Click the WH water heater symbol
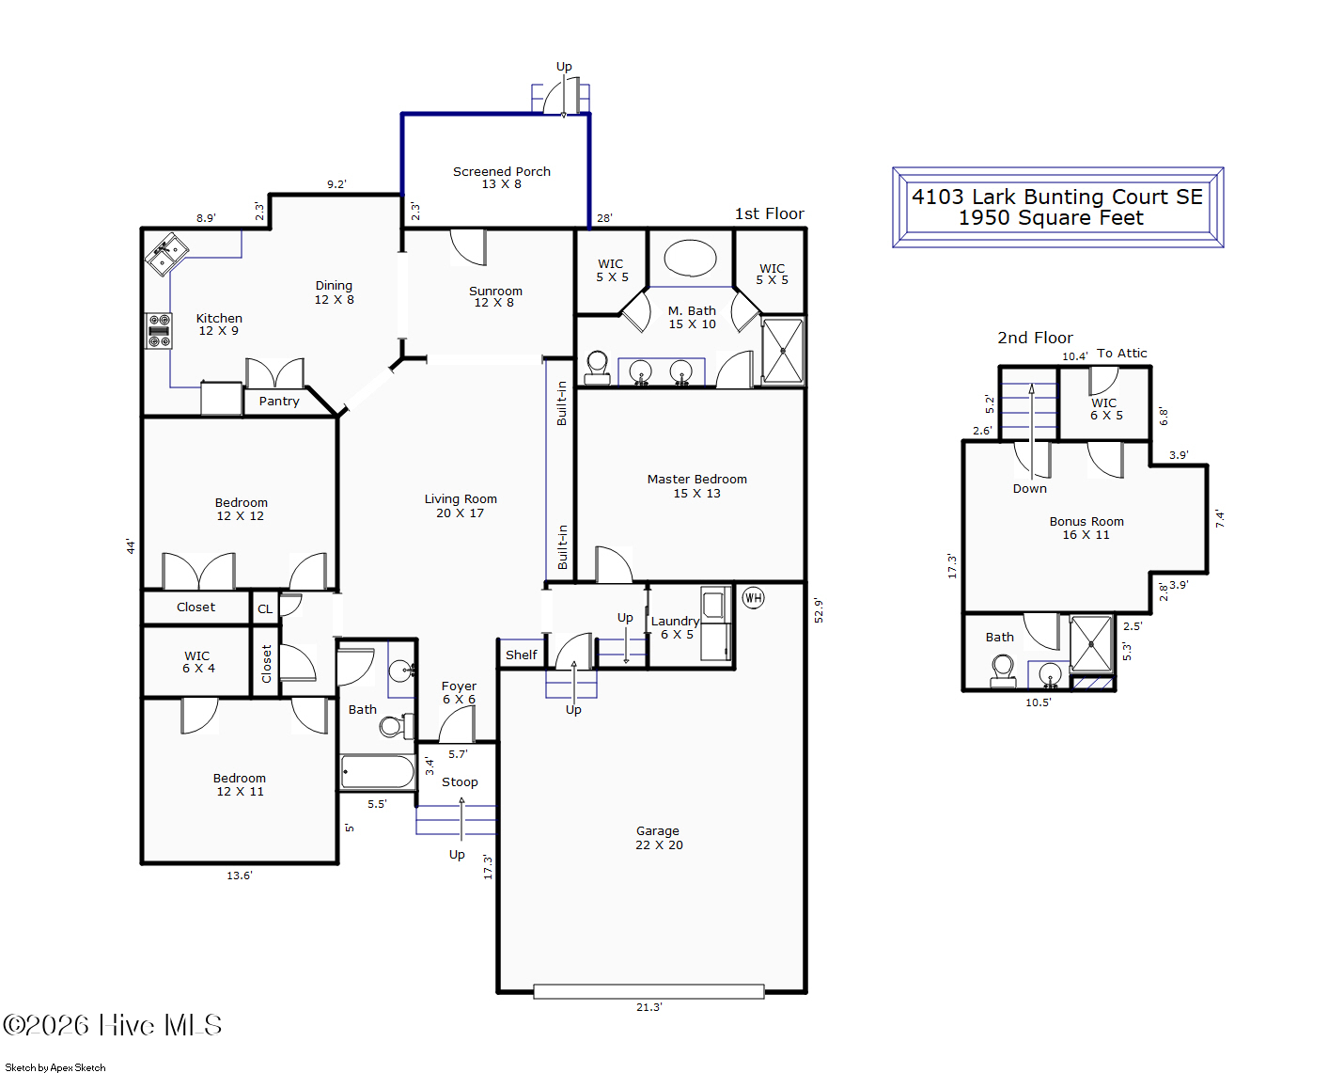(x=753, y=598)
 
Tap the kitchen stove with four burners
(x=159, y=331)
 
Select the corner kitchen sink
(x=166, y=254)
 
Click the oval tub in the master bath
(x=690, y=258)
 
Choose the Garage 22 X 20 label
(x=659, y=837)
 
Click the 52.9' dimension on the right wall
(x=819, y=610)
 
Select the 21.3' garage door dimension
(x=649, y=1007)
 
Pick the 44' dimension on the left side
(x=131, y=546)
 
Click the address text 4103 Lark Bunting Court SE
(x=1056, y=197)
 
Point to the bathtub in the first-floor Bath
(x=377, y=771)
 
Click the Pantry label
(x=279, y=402)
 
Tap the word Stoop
(x=460, y=781)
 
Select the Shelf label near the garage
(x=521, y=655)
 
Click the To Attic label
(x=1121, y=353)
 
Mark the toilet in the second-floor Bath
(x=1003, y=671)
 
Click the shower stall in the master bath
(x=783, y=351)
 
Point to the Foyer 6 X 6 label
(x=459, y=692)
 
